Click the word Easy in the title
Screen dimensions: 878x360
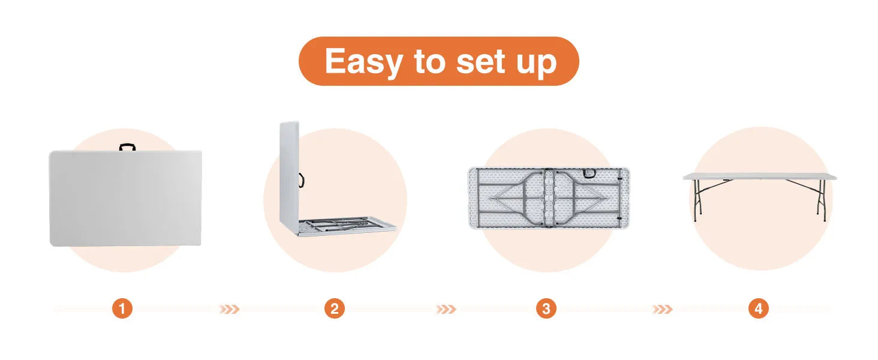363,62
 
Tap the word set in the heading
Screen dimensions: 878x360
481,61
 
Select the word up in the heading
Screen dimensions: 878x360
536,64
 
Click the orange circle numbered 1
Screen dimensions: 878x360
122,308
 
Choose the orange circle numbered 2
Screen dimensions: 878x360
334,308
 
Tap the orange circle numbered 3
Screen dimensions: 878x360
546,308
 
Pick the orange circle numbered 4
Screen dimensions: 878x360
759,308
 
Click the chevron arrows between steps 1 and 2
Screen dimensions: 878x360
229,310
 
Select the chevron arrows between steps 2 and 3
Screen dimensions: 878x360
446,310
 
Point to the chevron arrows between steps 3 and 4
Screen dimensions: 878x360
663,310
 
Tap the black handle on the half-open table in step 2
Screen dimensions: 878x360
302,180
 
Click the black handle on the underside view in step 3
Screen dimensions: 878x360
589,173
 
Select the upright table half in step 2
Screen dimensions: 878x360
289,178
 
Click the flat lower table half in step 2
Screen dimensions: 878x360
347,227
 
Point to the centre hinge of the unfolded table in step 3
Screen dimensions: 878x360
549,198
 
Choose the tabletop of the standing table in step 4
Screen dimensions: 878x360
760,176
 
